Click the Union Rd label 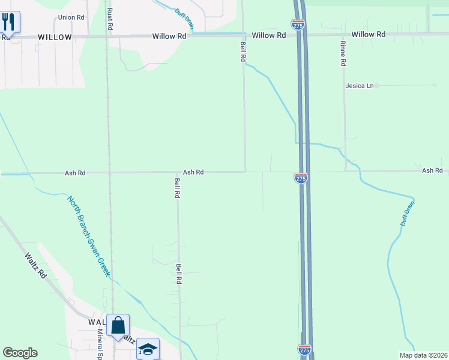[71, 17]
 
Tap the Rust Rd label [110, 20]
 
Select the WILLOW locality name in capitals [55, 37]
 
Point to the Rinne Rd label [343, 53]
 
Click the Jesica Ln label [360, 86]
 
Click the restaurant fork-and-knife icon [9, 22]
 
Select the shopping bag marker [118, 326]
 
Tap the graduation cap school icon [148, 349]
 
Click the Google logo [20, 353]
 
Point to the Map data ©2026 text [424, 355]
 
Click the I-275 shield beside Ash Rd [301, 178]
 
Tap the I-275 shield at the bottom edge [305, 349]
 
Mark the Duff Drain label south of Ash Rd [408, 214]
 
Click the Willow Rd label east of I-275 [368, 35]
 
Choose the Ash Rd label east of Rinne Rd [432, 171]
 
